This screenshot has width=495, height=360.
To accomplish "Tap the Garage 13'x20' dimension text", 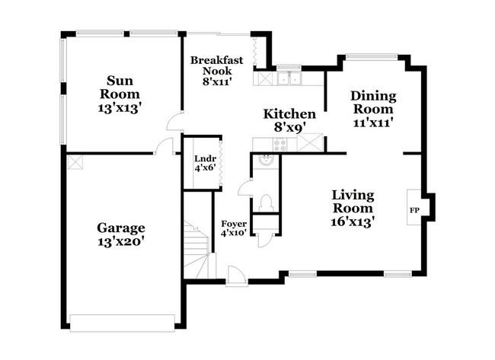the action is click(120, 242).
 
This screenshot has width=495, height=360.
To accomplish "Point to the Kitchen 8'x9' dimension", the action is click(289, 127).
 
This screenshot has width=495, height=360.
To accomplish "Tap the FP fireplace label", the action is click(414, 210).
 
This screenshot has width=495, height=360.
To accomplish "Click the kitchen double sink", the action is click(289, 78).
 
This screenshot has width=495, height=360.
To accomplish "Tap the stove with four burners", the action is click(279, 145).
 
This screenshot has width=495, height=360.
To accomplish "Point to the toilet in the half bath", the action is click(266, 203).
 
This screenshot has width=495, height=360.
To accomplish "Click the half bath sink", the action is click(266, 160).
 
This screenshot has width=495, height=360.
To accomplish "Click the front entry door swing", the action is click(237, 276).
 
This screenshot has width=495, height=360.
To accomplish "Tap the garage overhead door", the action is click(122, 323).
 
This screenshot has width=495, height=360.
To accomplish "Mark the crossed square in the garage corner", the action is click(75, 162).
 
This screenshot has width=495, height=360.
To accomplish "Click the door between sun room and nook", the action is click(175, 122).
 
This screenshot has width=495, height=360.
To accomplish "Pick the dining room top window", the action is click(372, 57).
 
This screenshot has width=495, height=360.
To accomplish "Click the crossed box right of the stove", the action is click(310, 142).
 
